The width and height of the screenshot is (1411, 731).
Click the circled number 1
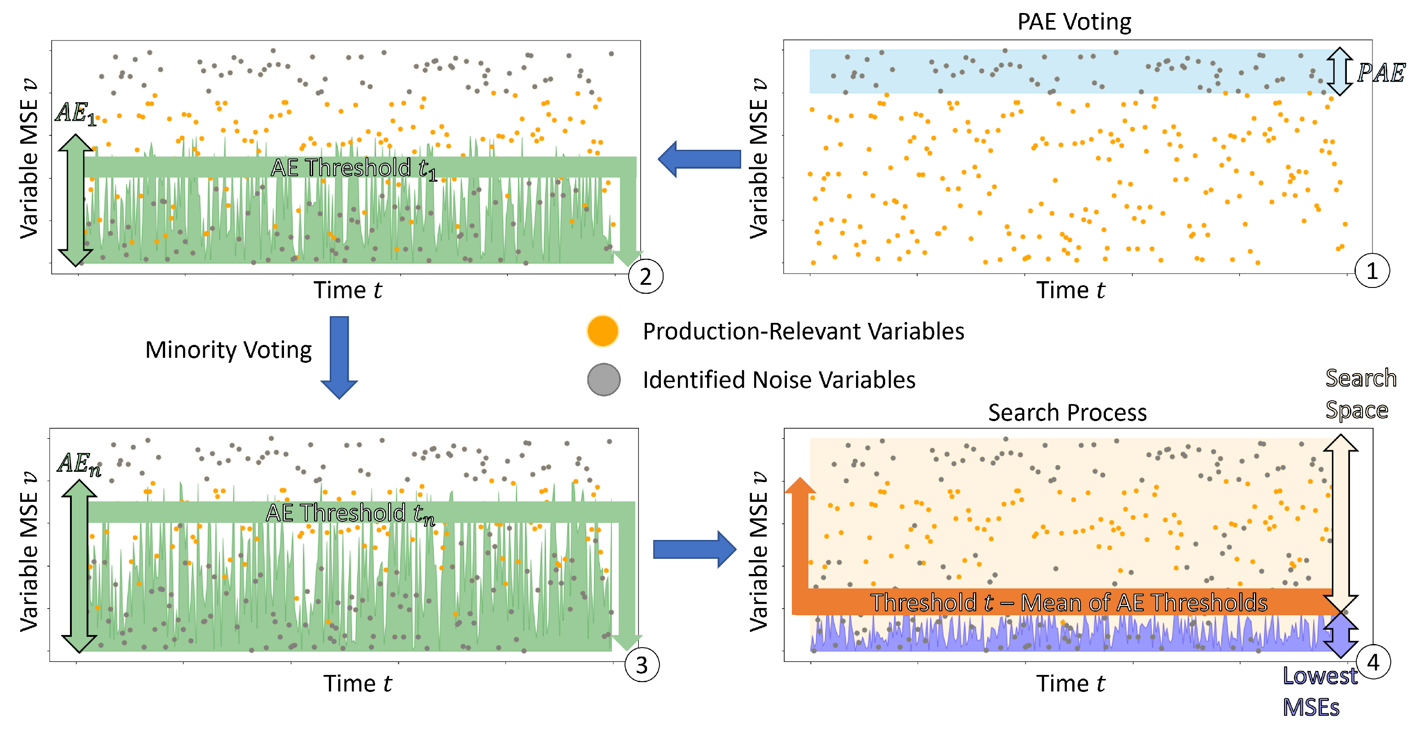tap(1371, 271)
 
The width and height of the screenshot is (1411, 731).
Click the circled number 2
tap(645, 277)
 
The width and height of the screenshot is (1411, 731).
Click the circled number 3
tap(642, 665)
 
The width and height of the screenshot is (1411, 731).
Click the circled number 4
tap(1373, 662)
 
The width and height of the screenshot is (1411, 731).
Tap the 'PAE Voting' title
tap(1074, 22)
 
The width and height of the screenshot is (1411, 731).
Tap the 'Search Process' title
tap(1067, 412)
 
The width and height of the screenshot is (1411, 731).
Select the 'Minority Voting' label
tap(228, 350)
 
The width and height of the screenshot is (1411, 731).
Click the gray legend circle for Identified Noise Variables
tap(603, 379)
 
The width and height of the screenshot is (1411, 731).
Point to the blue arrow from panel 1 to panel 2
tap(699, 159)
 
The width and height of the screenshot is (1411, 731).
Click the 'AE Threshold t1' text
tap(353, 168)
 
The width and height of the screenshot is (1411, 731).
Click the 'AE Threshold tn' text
tap(350, 513)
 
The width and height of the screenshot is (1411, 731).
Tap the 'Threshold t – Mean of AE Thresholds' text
tap(1068, 602)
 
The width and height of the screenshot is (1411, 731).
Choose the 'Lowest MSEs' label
tap(1319, 692)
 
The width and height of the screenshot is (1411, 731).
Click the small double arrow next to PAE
tap(1339, 72)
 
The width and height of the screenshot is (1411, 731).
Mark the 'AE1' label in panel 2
tap(75, 113)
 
